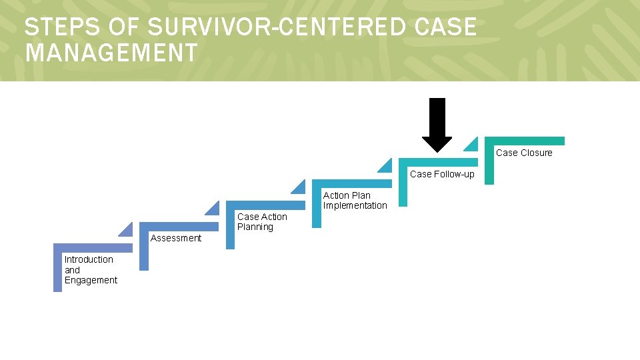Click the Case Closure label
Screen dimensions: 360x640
(x=524, y=153)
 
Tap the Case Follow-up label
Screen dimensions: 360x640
(x=442, y=174)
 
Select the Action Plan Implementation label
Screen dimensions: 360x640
(x=355, y=200)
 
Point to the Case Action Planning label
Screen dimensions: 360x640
(x=262, y=221)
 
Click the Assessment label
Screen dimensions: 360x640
(x=176, y=238)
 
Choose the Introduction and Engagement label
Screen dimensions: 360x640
(x=91, y=269)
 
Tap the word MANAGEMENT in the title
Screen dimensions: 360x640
(x=111, y=53)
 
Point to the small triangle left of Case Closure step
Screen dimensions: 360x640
(x=471, y=144)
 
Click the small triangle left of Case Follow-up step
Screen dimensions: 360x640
(x=385, y=165)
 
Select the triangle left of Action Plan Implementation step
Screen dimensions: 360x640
(x=299, y=187)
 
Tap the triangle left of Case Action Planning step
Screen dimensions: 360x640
(x=213, y=208)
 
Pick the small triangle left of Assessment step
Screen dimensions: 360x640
(x=126, y=229)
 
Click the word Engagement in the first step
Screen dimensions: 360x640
(x=91, y=280)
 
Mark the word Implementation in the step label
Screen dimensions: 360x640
(x=355, y=205)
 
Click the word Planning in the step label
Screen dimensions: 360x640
(x=255, y=227)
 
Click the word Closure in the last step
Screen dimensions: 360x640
(x=537, y=153)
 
